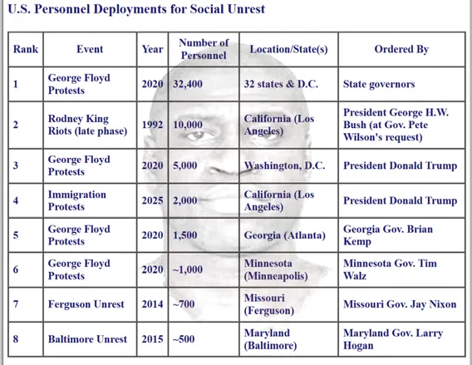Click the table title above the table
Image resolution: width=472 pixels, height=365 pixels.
(x=136, y=9)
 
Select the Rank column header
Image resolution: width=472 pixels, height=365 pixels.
(x=26, y=49)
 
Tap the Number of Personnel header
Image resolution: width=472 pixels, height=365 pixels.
(x=204, y=49)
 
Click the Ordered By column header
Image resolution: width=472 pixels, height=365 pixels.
(x=401, y=49)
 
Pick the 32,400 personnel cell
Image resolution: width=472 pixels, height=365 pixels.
(x=188, y=84)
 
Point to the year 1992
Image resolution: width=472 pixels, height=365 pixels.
(x=152, y=125)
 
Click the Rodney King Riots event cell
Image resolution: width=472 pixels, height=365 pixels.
(x=87, y=125)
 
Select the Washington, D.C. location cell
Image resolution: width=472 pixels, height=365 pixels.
(x=284, y=165)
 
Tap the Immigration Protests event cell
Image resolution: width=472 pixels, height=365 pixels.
(x=77, y=200)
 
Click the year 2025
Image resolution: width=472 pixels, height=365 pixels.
(x=152, y=200)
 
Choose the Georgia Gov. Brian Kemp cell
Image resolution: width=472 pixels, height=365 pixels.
(x=388, y=235)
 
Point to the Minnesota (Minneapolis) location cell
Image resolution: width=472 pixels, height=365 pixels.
(x=276, y=270)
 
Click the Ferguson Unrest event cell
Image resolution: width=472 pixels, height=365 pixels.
(x=86, y=304)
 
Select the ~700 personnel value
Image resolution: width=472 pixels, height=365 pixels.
(x=184, y=304)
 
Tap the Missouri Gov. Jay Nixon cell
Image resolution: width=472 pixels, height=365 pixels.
(x=400, y=304)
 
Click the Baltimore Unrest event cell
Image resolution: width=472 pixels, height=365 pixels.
(x=87, y=339)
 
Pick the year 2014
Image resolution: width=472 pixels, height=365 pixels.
(x=152, y=304)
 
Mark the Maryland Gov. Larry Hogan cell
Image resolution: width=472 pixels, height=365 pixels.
(x=393, y=339)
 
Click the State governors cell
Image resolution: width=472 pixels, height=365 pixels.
(x=379, y=84)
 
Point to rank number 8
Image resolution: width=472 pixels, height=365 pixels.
(x=16, y=339)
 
